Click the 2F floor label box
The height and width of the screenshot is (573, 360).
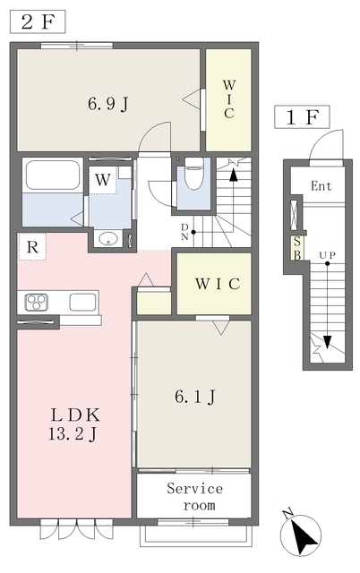tap(38, 21)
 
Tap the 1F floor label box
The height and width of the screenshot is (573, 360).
tap(303, 117)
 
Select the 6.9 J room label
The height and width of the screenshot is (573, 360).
tap(108, 104)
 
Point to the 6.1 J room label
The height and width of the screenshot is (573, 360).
tap(195, 397)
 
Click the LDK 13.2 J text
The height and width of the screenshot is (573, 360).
tap(74, 425)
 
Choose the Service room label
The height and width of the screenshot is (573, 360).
tap(195, 497)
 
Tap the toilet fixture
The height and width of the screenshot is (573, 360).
tap(193, 174)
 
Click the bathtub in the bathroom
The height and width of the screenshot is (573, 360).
tap(52, 175)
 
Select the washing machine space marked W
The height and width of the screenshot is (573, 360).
tap(103, 180)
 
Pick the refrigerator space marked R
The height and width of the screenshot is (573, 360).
tap(32, 247)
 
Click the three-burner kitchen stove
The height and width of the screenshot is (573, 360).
tap(36, 303)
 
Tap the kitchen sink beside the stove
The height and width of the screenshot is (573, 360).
tap(83, 303)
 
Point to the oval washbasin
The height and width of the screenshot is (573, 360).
tap(108, 239)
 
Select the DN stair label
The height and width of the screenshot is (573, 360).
tap(185, 232)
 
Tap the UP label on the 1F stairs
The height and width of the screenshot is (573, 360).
tap(327, 255)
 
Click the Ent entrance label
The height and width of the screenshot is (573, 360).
tap(321, 186)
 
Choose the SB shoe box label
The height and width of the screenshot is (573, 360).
tap(296, 248)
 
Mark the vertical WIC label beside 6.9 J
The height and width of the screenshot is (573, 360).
tap(228, 99)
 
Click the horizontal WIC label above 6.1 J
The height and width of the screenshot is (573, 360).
tap(218, 284)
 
